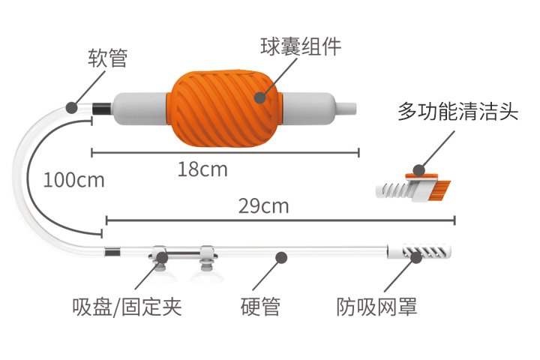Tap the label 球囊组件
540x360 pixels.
pyautogui.click(x=301, y=46)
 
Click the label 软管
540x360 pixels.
pyautogui.click(x=108, y=58)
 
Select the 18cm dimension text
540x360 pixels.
pyautogui.click(x=202, y=169)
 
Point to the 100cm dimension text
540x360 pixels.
pyautogui.click(x=74, y=180)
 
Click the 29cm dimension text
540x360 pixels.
pyautogui.click(x=264, y=206)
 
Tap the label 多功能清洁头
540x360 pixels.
pyautogui.click(x=458, y=111)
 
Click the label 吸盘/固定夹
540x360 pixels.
pyautogui.click(x=127, y=307)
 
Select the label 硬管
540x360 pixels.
pyautogui.click(x=260, y=307)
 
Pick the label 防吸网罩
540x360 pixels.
pyautogui.click(x=376, y=307)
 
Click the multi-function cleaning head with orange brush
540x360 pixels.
pyautogui.click(x=413, y=187)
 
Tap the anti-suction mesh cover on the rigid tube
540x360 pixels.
pyautogui.click(x=418, y=251)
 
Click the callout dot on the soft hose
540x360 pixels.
pyautogui.click(x=72, y=107)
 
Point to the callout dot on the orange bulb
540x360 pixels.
pyautogui.click(x=260, y=97)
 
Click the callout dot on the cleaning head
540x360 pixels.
pyautogui.click(x=418, y=169)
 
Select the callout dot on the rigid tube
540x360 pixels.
pyautogui.click(x=281, y=257)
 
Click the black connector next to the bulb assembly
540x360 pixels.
pyautogui.click(x=101, y=109)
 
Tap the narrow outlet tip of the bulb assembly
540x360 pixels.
pyautogui.click(x=346, y=109)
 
